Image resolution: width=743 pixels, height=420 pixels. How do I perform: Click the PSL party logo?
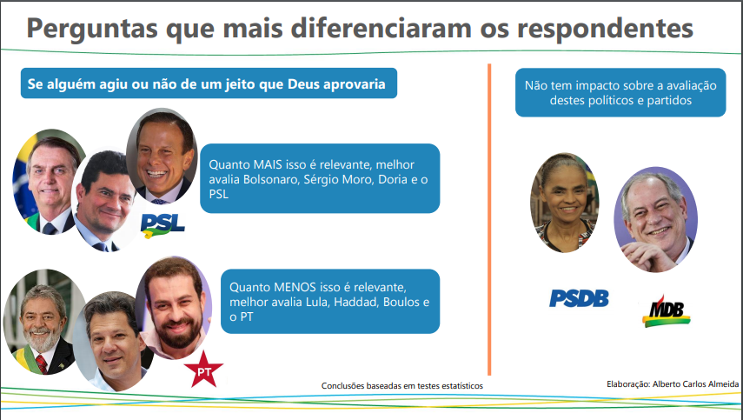point(163,225)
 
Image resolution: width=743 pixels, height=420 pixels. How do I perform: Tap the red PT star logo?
point(203,370)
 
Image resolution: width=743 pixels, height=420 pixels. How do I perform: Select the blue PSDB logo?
point(579,298)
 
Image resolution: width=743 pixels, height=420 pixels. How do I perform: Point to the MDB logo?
point(667,312)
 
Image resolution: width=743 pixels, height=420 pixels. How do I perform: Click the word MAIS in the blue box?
point(268,164)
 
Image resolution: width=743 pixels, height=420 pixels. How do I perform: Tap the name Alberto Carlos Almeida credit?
point(695,384)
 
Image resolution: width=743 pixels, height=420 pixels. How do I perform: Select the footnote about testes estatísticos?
point(402,386)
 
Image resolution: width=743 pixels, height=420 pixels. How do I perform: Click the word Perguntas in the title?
point(92,30)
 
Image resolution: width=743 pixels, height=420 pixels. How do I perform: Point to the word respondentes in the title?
point(605,30)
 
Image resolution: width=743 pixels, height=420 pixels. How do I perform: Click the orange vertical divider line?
point(489,219)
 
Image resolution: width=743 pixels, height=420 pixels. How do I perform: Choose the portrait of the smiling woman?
point(564,203)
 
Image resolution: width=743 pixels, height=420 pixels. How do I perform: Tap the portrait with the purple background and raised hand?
point(655,219)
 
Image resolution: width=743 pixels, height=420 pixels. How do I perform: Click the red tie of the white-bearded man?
point(41,363)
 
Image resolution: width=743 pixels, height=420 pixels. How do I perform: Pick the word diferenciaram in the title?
point(381,28)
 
